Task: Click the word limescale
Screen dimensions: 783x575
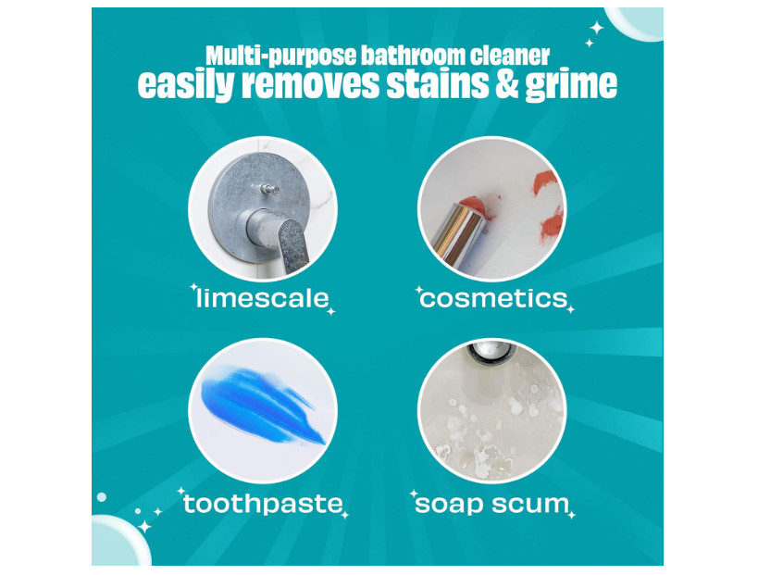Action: click(263, 298)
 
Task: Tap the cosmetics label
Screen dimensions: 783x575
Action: click(494, 299)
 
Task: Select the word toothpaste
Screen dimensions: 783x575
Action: click(263, 503)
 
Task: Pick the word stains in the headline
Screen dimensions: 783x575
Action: click(437, 83)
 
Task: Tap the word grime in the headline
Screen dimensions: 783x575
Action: click(571, 85)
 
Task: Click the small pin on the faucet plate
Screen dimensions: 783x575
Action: click(270, 189)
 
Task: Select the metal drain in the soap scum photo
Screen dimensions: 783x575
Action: click(490, 351)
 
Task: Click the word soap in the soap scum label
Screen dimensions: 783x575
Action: click(449, 505)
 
